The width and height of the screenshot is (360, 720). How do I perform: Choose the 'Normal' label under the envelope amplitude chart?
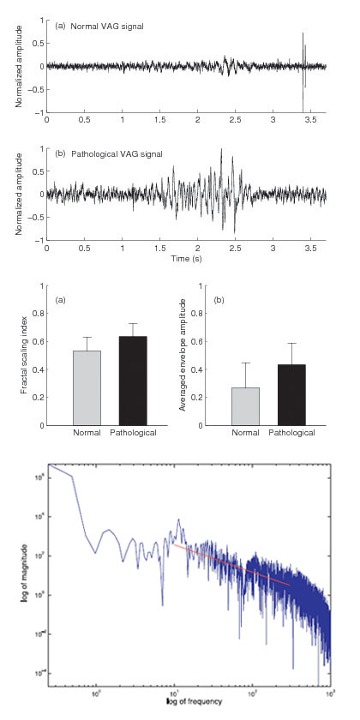(246, 433)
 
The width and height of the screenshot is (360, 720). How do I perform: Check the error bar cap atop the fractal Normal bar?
(85, 337)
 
